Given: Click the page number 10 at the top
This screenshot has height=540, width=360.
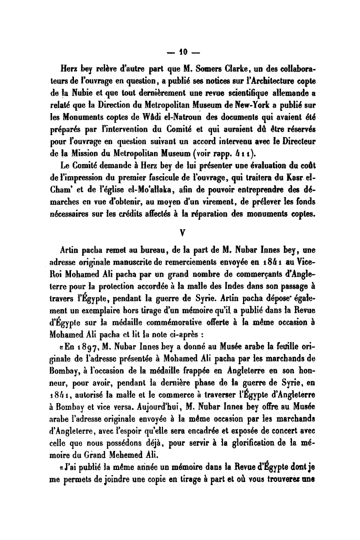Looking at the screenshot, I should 180,52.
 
